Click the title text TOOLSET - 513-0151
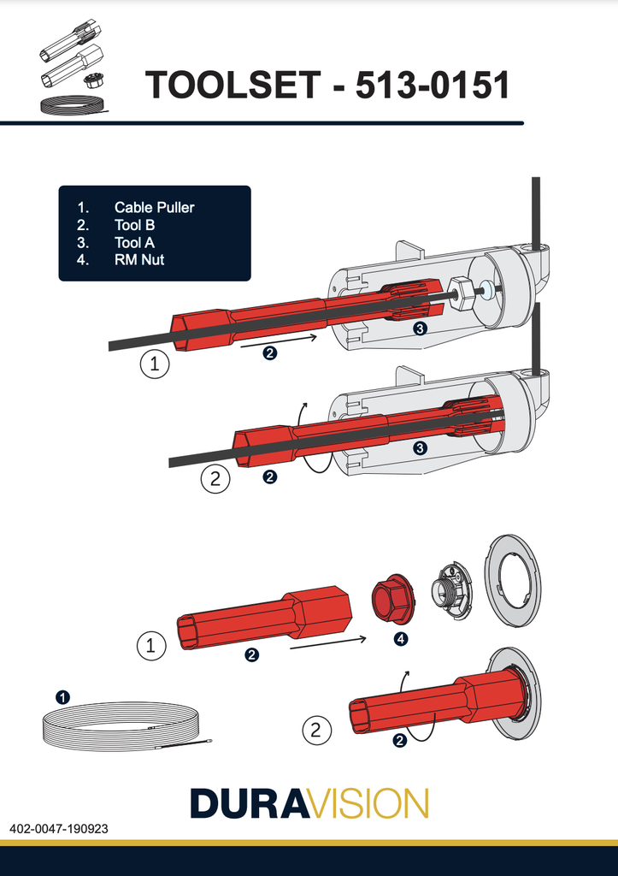coord(327,85)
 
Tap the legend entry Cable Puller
coord(154,208)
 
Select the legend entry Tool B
coord(133,225)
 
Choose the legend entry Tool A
coord(133,243)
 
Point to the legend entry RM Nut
coord(139,260)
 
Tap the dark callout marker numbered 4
coord(399,638)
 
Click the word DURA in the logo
coord(248,803)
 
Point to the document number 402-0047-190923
coord(59,829)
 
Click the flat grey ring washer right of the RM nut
coord(513,569)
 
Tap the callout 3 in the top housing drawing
coord(420,328)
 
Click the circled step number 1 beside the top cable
coord(154,365)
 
